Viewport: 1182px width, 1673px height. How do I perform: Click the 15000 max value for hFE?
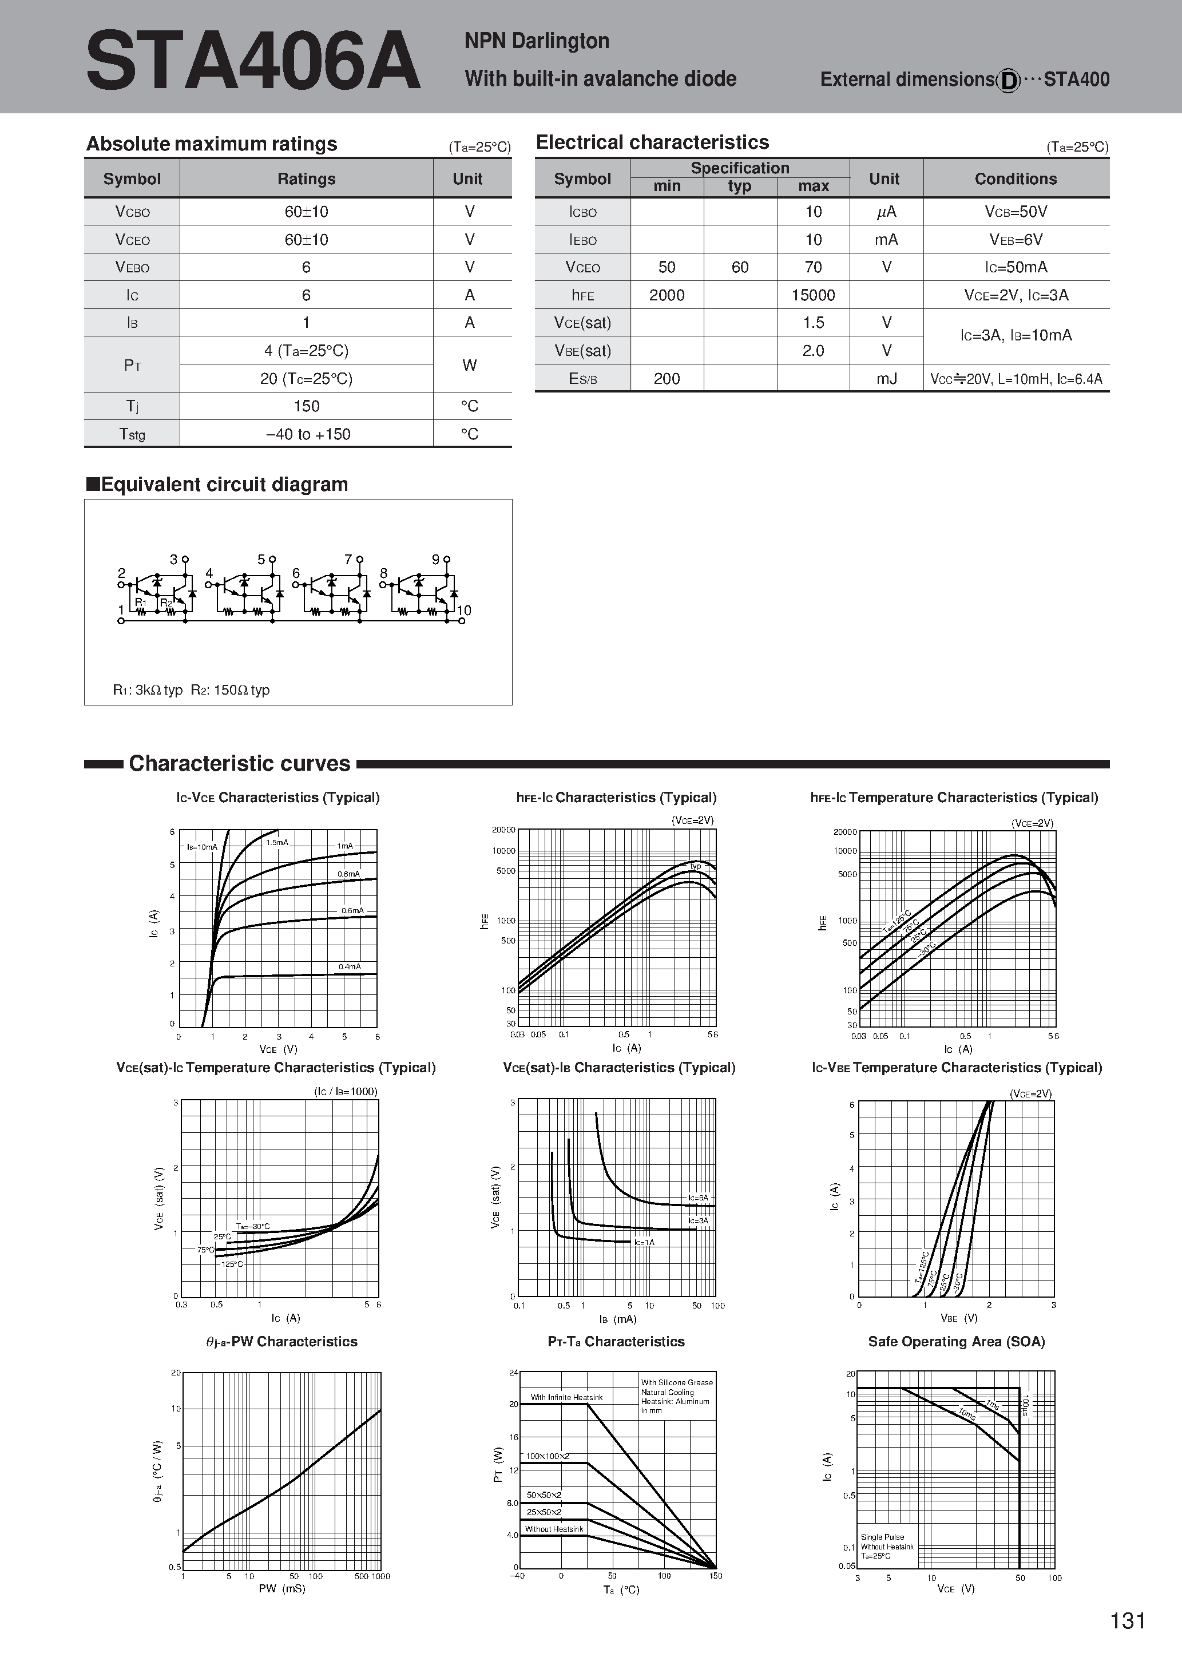point(813,295)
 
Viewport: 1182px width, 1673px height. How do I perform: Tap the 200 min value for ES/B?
point(667,379)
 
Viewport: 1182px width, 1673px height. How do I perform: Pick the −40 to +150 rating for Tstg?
point(308,434)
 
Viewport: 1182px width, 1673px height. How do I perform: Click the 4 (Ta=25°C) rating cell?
point(306,351)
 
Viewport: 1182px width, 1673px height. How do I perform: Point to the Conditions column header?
point(1016,179)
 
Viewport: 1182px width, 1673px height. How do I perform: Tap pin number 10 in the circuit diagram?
point(463,610)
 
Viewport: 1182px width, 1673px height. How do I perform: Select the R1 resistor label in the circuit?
point(141,602)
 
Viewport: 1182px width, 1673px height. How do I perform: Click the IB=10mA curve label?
point(202,847)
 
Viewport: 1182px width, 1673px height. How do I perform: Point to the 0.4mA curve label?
point(350,967)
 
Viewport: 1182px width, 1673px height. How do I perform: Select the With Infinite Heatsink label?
point(566,1398)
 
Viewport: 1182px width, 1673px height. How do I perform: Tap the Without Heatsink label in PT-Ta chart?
point(554,1529)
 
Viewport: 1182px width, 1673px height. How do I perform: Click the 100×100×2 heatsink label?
point(548,1456)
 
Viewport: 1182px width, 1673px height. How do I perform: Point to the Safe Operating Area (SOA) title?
point(956,1342)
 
